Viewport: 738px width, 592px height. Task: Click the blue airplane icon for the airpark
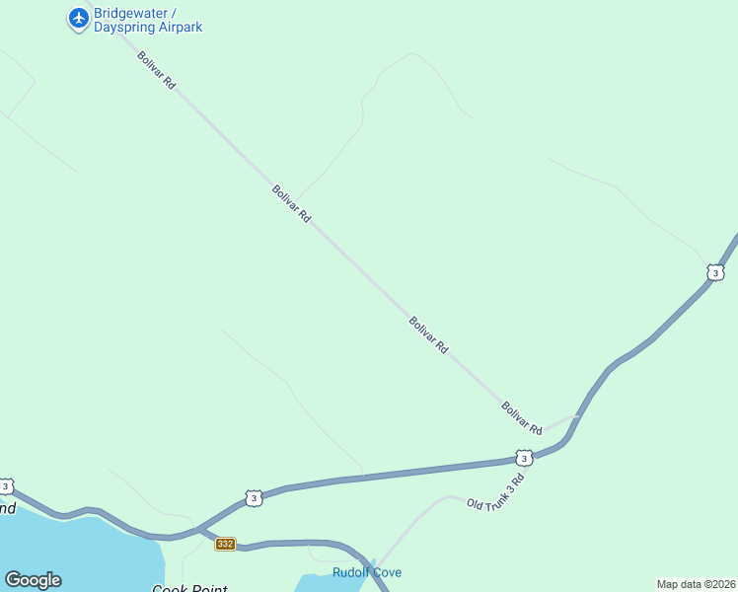(x=79, y=19)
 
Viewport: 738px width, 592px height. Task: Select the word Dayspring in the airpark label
(x=123, y=28)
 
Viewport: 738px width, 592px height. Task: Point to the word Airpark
(x=179, y=28)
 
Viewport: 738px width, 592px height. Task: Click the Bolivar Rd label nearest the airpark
(x=156, y=71)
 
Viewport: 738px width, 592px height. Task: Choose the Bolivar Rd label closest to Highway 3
(x=521, y=418)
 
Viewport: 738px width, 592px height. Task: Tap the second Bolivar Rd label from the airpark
(x=291, y=203)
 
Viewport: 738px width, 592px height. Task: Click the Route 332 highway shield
(x=225, y=544)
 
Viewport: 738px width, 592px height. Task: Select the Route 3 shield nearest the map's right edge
(x=715, y=272)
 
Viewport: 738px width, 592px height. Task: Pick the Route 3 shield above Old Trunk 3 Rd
(x=524, y=458)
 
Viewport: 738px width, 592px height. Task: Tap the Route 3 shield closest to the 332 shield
(x=254, y=498)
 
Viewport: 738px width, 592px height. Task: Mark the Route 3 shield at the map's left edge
(x=6, y=486)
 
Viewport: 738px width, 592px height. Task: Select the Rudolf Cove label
(x=366, y=572)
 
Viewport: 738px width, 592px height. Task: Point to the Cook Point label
(x=189, y=589)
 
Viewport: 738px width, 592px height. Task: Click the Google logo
(x=33, y=580)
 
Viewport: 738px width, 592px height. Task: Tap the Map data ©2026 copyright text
(x=696, y=584)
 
